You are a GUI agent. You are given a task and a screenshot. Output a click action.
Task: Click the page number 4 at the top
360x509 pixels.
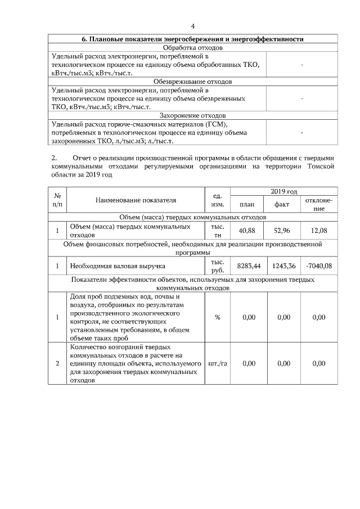tap(193, 26)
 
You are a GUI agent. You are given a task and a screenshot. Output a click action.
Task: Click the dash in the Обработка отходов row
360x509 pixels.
tap(303, 65)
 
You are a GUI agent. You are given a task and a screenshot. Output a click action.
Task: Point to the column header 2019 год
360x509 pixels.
tap(284, 192)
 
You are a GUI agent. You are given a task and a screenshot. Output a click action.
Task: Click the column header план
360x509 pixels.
tap(247, 205)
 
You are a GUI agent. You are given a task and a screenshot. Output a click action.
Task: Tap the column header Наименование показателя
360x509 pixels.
tap(136, 200)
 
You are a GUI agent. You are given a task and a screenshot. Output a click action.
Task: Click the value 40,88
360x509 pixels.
tap(247, 231)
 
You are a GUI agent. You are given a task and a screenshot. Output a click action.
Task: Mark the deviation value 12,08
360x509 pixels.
tap(319, 231)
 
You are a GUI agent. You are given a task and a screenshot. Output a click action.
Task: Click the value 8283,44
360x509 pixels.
tap(247, 265)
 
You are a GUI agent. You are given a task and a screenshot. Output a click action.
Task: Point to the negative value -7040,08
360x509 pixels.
tap(319, 265)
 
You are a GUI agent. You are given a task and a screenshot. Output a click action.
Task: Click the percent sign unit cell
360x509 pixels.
tap(218, 317)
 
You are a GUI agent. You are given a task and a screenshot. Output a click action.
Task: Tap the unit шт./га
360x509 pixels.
tap(218, 363)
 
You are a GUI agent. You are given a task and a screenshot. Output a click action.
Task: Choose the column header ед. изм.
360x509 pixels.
tap(218, 200)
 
